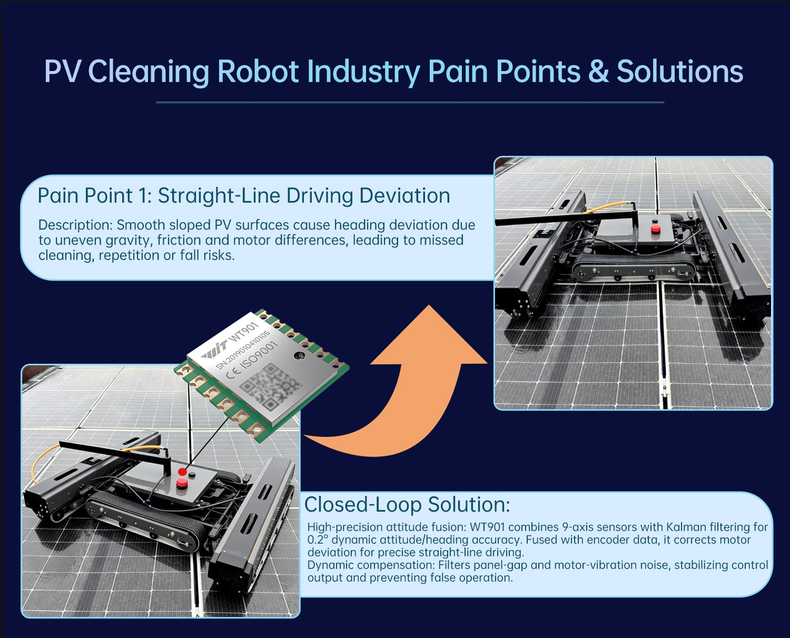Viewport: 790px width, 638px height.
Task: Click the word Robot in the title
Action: coord(258,71)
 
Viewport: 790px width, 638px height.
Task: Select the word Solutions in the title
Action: coord(680,71)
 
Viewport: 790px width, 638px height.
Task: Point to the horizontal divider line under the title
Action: coord(410,102)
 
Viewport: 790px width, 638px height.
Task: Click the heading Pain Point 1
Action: coord(95,195)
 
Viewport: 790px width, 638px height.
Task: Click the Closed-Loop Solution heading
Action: coord(407,504)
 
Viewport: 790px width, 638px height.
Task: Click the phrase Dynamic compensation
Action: coord(371,566)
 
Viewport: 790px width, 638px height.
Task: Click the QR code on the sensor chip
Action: coord(270,387)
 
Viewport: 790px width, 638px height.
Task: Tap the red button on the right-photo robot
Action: coord(655,229)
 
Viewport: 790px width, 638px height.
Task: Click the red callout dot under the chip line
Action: coord(182,472)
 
